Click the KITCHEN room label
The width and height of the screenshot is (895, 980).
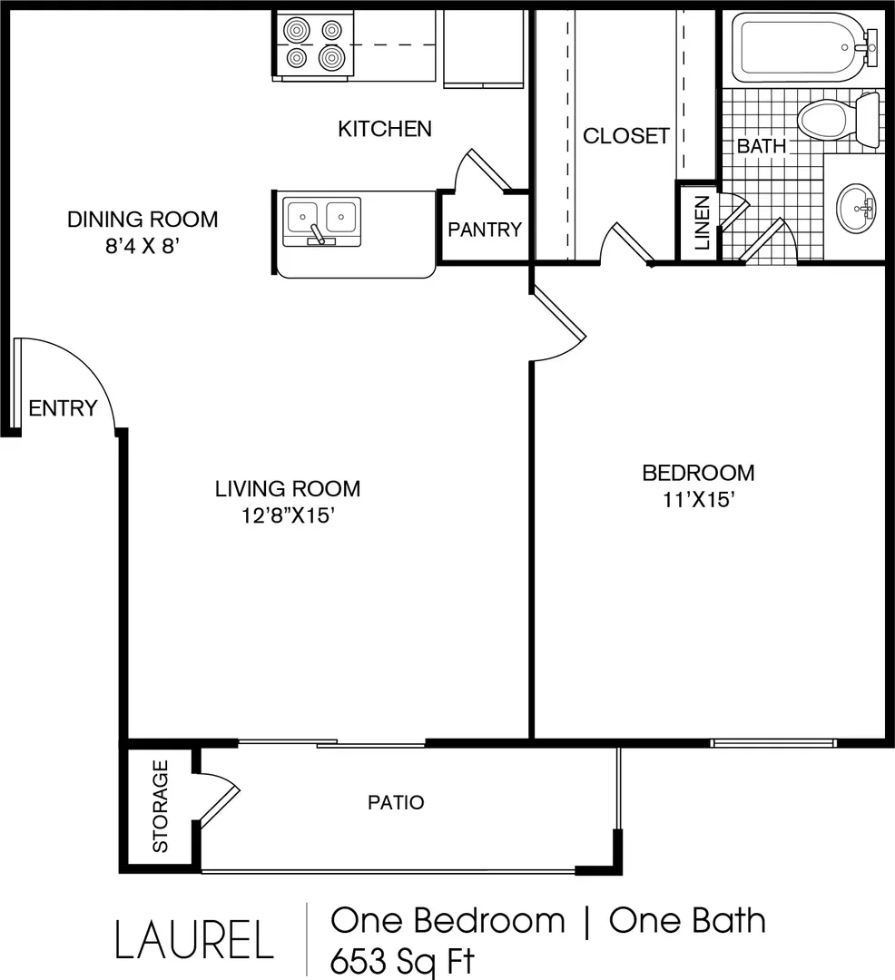click(385, 129)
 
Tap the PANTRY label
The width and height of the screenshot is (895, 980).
click(485, 230)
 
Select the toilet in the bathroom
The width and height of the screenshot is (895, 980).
click(839, 122)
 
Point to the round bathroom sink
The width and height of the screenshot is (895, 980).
click(856, 208)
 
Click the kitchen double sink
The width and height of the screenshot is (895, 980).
click(322, 221)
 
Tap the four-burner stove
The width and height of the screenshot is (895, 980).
click(312, 45)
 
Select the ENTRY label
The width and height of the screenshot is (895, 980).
click(64, 408)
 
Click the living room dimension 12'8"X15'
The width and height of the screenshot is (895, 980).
click(289, 515)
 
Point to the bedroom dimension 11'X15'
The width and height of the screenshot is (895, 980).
click(698, 500)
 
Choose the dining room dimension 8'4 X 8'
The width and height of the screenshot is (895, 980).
click(143, 246)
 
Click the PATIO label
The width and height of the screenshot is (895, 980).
click(396, 802)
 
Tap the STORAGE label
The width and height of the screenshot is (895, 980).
click(161, 806)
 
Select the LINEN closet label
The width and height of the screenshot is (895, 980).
click(703, 223)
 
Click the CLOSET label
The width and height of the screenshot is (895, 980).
click(626, 135)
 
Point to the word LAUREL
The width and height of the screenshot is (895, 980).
click(194, 939)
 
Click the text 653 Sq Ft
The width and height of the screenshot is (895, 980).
click(403, 962)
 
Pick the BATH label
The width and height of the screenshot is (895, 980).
click(762, 146)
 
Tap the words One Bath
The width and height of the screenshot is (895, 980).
click(687, 921)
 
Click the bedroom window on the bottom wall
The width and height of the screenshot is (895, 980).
click(773, 743)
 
